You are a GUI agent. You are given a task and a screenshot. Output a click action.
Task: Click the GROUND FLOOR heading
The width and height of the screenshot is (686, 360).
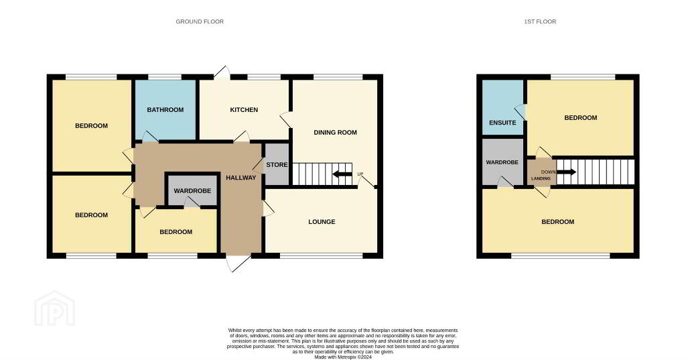click(x=200, y=21)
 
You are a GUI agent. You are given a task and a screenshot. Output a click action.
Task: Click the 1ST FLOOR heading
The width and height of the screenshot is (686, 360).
click(x=540, y=21)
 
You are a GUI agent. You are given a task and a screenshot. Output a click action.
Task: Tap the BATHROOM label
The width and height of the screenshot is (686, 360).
click(x=165, y=110)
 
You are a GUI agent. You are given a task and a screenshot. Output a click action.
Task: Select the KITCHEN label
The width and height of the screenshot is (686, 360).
click(x=244, y=110)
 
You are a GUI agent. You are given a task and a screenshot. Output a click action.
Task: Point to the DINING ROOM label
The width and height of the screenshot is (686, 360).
click(x=335, y=132)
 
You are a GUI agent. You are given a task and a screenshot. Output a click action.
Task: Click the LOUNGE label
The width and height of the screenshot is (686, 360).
click(x=322, y=222)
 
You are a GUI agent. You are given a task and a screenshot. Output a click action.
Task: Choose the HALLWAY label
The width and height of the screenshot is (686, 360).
click(x=241, y=178)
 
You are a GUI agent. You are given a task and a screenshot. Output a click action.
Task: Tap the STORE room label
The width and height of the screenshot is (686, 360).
click(x=277, y=165)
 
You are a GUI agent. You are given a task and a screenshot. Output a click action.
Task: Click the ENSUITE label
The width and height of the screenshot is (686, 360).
click(x=502, y=123)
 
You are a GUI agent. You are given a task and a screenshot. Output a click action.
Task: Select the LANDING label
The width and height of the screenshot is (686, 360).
click(x=541, y=179)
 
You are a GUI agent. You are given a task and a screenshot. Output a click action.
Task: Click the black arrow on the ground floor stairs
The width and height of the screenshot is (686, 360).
click(x=342, y=174)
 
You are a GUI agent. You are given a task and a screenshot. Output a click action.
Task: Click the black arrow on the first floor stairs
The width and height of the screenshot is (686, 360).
click(x=566, y=172)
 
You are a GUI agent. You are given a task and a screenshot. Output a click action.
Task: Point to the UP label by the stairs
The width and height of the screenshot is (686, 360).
click(x=360, y=174)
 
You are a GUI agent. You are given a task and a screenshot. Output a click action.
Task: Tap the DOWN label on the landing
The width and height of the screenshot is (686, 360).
click(x=548, y=172)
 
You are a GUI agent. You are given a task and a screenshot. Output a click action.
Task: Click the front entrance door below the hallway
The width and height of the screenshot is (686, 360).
click(x=238, y=262)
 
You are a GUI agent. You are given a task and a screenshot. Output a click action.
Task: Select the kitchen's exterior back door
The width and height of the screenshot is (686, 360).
click(x=222, y=72)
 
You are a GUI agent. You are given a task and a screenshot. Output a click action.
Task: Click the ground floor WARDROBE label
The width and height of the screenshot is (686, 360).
click(x=192, y=191)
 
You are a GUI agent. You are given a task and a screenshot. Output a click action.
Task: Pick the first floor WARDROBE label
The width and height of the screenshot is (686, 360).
click(x=502, y=162)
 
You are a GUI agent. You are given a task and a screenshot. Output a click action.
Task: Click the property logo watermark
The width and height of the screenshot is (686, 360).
click(x=55, y=308)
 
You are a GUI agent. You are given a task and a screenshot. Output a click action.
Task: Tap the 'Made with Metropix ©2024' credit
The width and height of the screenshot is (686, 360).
click(x=343, y=357)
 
